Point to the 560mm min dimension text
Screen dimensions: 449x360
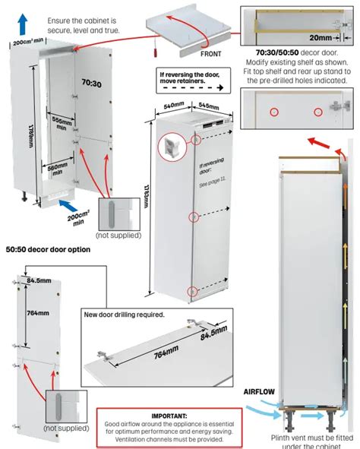pyautogui.click(x=59, y=169)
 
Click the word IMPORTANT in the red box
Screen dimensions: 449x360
pyautogui.click(x=169, y=416)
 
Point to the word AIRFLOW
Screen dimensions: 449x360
pyautogui.click(x=259, y=392)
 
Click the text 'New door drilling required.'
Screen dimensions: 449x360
pyautogui.click(x=124, y=314)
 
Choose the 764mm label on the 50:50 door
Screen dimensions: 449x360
pyautogui.click(x=38, y=312)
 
